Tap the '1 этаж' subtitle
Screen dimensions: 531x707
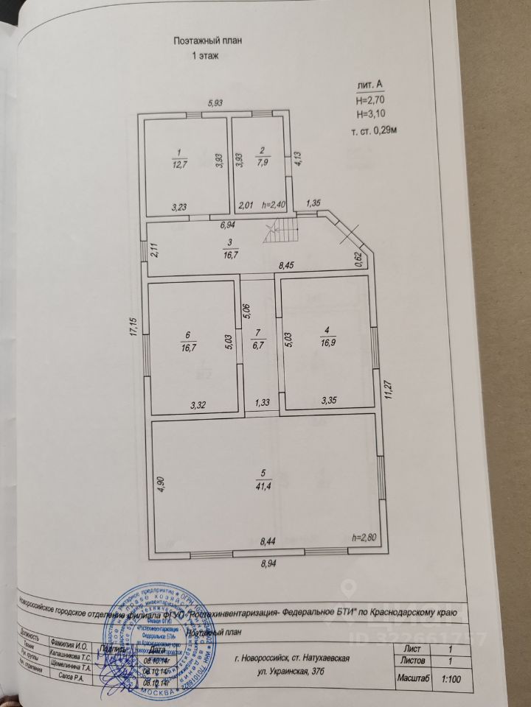pos(205,56)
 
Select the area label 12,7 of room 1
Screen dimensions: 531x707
pos(177,163)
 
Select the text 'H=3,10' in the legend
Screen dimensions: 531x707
pos(371,114)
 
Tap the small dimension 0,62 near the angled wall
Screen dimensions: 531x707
pos(358,257)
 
